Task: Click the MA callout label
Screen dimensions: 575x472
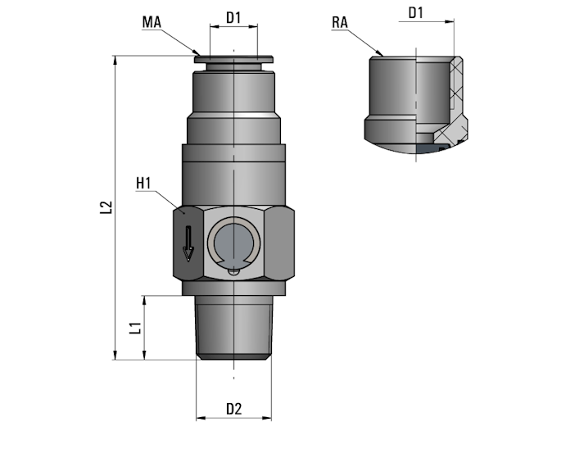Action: [152, 22]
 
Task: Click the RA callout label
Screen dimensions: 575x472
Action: [340, 22]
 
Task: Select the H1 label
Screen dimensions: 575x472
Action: [143, 183]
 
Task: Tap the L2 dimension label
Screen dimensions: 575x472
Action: [106, 207]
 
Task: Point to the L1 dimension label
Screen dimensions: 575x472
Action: [135, 328]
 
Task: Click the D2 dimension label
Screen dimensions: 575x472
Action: [234, 409]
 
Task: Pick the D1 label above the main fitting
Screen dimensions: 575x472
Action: [233, 17]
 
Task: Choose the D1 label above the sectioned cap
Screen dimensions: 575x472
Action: [416, 13]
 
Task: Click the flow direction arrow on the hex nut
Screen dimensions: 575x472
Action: [188, 243]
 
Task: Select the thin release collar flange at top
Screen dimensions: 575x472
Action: [233, 59]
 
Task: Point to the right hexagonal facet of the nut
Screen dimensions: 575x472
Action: [279, 243]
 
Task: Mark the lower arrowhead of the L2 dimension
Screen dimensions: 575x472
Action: [115, 355]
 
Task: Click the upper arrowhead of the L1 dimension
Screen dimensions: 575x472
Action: [144, 300]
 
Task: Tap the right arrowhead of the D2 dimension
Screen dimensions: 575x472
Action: [267, 418]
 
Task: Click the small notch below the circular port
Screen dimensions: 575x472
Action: [233, 272]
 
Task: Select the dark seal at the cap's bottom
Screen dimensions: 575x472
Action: [433, 148]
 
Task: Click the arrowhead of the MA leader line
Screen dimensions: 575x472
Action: [197, 52]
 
